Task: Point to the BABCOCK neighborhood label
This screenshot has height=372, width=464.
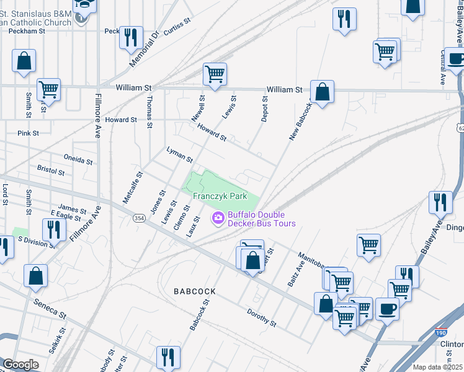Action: tap(195, 291)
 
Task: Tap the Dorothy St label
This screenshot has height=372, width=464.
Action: tap(261, 317)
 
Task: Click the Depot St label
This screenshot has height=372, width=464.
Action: tap(264, 108)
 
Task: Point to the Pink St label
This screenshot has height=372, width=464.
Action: tap(29, 133)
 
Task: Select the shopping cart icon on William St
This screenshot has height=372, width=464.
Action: tap(215, 74)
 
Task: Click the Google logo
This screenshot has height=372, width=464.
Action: tap(20, 365)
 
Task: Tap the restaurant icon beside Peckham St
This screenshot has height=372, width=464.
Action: tap(130, 37)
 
